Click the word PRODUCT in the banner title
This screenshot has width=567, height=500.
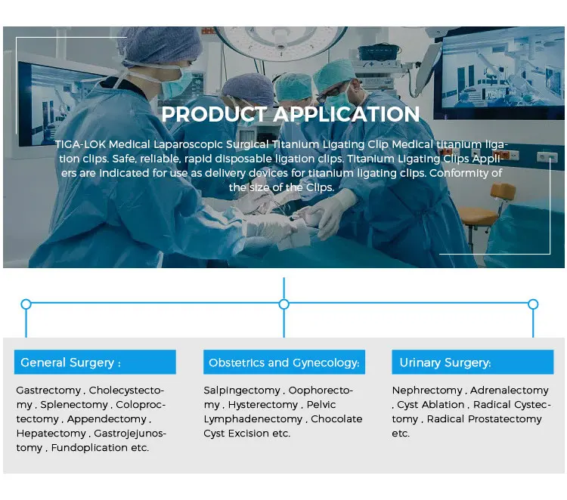coord(214,114)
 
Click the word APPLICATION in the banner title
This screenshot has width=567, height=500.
coord(346,114)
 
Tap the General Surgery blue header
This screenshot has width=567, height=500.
coord(95,362)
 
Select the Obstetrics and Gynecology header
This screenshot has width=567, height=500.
coord(284,362)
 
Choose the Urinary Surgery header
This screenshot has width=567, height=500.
coord(472,362)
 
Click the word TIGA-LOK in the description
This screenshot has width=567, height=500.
coord(80,144)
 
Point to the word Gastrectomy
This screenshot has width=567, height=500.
coord(48,390)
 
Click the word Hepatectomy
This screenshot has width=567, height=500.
coord(51,434)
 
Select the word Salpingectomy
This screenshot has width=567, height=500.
coord(242,390)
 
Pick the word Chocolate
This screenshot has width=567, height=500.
coord(336,419)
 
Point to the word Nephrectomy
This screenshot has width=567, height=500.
coord(427,390)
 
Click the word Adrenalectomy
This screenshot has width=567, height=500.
coord(510,390)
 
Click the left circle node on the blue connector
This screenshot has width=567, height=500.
coord(26,304)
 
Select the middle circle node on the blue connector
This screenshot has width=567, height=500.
coord(284,304)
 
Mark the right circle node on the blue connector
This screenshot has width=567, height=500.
coord(533,304)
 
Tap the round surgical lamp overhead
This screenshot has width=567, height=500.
coord(281,42)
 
